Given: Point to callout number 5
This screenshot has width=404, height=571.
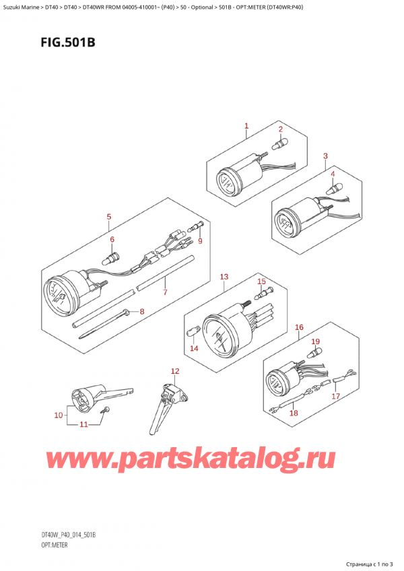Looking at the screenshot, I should tap(108, 217).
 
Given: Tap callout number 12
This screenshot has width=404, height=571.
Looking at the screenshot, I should tap(175, 371).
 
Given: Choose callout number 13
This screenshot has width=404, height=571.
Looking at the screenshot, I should tap(224, 277).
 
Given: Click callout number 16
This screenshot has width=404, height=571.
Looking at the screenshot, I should tap(300, 328).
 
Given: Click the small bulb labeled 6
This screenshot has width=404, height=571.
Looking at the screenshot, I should tap(113, 257).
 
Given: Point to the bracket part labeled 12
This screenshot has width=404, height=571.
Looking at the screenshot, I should tap(165, 404).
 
